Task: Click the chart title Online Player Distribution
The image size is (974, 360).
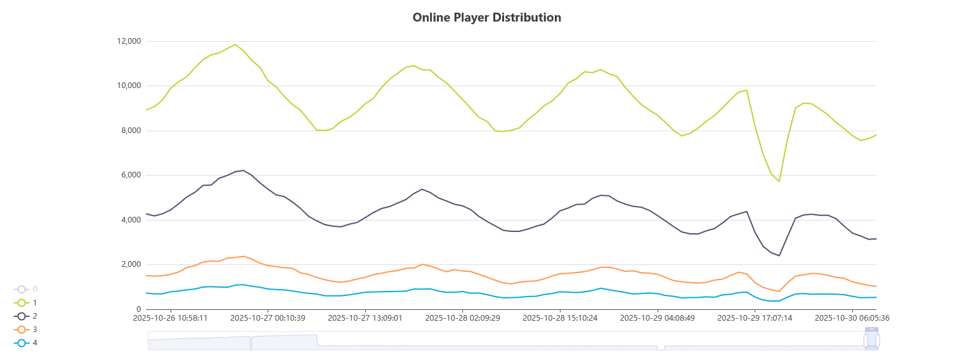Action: click(486, 18)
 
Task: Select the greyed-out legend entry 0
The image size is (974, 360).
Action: click(22, 289)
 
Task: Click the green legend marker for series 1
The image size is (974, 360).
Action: click(22, 302)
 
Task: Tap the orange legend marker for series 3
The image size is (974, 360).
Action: click(22, 330)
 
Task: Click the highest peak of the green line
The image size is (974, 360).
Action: click(235, 44)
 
